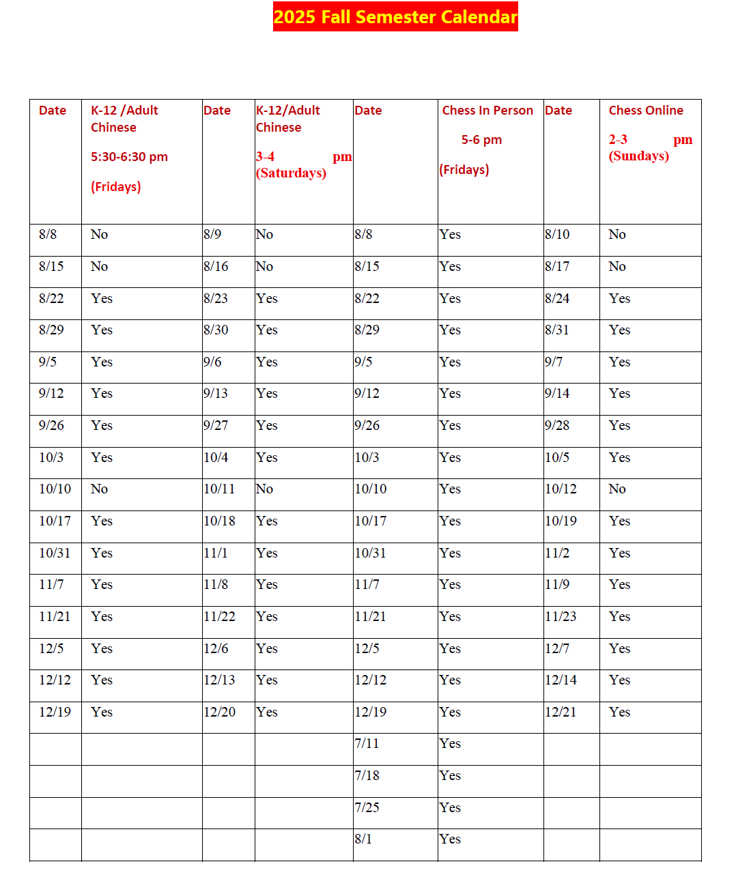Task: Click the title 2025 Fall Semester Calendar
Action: click(x=395, y=16)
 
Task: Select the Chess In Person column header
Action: click(x=487, y=111)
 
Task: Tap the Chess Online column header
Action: click(x=646, y=111)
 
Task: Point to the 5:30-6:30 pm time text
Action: click(x=129, y=157)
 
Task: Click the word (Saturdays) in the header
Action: click(x=291, y=173)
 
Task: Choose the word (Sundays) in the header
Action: click(x=639, y=156)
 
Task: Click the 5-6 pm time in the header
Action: click(x=481, y=140)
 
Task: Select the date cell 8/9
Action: click(x=212, y=235)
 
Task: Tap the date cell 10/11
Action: click(x=219, y=489)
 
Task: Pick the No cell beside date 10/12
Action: click(x=617, y=489)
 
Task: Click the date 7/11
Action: click(x=367, y=744)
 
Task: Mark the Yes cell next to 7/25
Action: click(x=450, y=808)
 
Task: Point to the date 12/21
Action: click(x=561, y=712)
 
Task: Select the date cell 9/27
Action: click(x=216, y=426)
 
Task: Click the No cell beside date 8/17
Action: click(x=617, y=267)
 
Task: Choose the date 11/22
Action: click(x=219, y=617)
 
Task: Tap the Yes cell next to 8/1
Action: click(x=450, y=839)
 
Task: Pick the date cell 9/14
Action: click(x=557, y=394)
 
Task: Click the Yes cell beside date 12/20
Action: click(x=267, y=712)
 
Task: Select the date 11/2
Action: click(x=557, y=553)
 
